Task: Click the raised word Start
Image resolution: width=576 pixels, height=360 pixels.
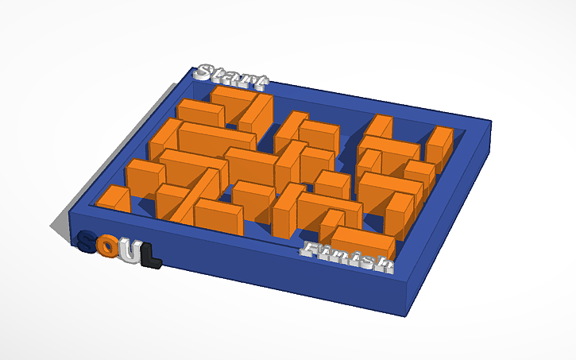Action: tap(232, 76)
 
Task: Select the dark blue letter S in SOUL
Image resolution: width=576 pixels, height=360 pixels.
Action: tap(89, 243)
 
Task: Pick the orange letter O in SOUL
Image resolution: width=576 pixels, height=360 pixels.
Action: tap(112, 249)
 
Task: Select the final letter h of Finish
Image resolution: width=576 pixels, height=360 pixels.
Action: tap(384, 265)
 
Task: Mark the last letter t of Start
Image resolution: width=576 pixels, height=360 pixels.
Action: tap(259, 80)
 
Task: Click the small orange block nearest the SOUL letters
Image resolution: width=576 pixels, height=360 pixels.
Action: tap(114, 199)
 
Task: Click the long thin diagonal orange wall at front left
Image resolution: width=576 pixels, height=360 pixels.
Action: tap(195, 195)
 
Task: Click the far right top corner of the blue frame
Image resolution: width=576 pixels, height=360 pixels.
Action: tap(492, 122)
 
